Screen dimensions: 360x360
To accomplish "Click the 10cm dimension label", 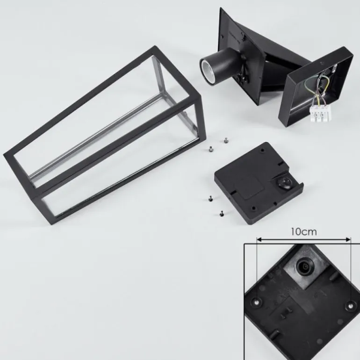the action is pos(304,231).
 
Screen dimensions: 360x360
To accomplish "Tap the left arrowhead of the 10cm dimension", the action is pos(259,240).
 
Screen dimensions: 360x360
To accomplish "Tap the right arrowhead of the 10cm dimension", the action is pos(348,240).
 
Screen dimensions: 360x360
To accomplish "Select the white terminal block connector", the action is pos(321,113).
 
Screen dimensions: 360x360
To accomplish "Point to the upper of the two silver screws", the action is pos(226,140).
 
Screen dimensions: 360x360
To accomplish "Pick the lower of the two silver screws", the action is pos(211,149).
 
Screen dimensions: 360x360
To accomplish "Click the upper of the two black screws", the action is pos(210,199).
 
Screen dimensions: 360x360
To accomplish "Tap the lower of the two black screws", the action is pos(222,214).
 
